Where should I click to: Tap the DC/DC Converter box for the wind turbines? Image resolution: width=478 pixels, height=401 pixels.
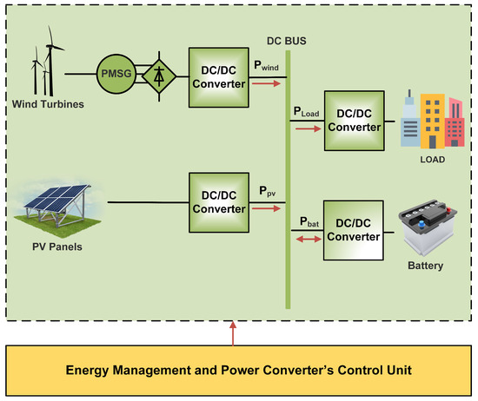click(x=218, y=78)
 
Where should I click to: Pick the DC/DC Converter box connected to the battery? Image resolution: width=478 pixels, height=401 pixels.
click(x=352, y=229)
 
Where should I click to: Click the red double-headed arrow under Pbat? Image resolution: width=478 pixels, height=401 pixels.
click(x=305, y=236)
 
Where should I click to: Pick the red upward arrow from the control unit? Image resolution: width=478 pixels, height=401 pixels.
click(x=232, y=332)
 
